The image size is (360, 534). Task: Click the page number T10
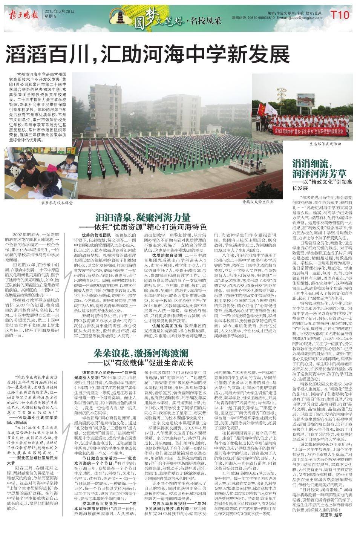pyautogui.click(x=341, y=15)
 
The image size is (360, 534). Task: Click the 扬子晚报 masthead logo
pyautogui.click(x=23, y=15)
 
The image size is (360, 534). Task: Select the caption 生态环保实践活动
pyautogui.click(x=325, y=144)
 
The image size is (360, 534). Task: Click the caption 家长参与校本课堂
pyautogui.click(x=57, y=202)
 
